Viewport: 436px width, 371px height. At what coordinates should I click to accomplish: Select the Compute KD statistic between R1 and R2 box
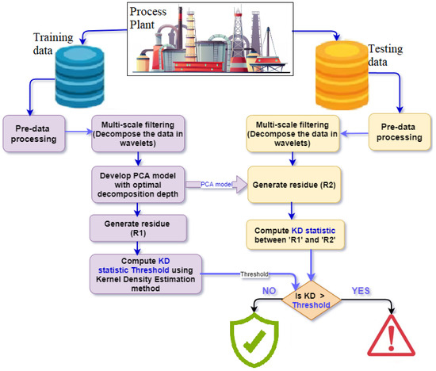(x=298, y=235)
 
